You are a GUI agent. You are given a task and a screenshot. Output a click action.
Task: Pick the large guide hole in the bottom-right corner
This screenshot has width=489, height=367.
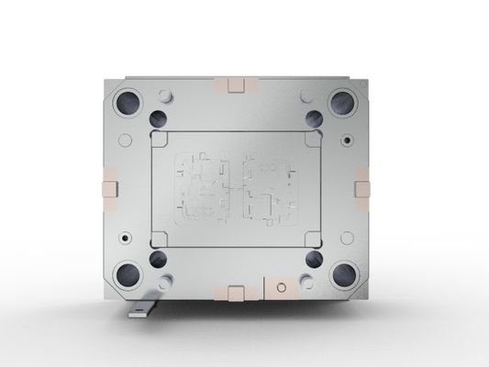[x=345, y=272]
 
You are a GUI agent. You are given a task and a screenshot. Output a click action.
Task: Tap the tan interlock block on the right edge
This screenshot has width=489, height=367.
[x=362, y=186]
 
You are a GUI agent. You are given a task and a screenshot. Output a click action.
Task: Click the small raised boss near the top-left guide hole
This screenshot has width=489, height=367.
[x=167, y=95]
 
